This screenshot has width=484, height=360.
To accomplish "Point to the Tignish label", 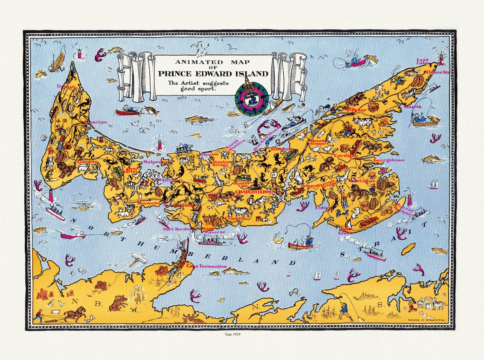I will [x=66, y=86].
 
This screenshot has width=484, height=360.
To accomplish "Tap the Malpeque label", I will [x=155, y=162].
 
